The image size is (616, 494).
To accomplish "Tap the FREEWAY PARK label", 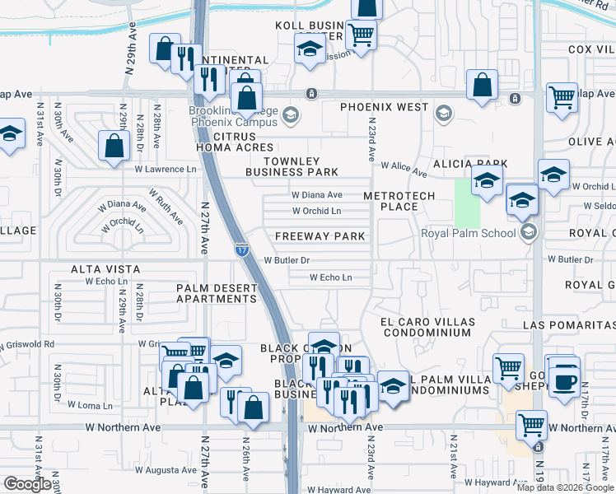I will pyautogui.click(x=320, y=236).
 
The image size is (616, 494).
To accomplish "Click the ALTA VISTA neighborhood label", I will pyautogui.click(x=105, y=269).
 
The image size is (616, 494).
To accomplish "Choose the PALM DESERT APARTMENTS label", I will pyautogui.click(x=217, y=293).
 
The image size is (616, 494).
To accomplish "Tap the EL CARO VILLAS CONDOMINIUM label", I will pyautogui.click(x=425, y=327).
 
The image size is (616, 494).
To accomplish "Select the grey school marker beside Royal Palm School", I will pyautogui.click(x=528, y=232).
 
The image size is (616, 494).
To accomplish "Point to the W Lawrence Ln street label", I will pyautogui.click(x=168, y=170).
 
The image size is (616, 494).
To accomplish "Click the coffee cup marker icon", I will pyautogui.click(x=565, y=381).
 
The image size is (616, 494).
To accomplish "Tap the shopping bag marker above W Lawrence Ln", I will pyautogui.click(x=114, y=146).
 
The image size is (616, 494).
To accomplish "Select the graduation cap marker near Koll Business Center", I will pyautogui.click(x=310, y=49).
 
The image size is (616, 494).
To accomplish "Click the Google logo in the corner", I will pyautogui.click(x=27, y=484).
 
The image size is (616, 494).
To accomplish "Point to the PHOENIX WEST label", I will pyautogui.click(x=385, y=107).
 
